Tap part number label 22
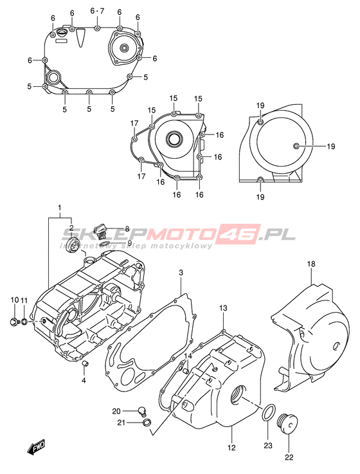pos(289,457)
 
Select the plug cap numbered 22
pos(288,424)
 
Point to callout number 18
pos(311,264)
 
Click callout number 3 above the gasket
pos(181,273)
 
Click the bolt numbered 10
pos(14,322)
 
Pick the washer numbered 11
pos(25,322)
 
